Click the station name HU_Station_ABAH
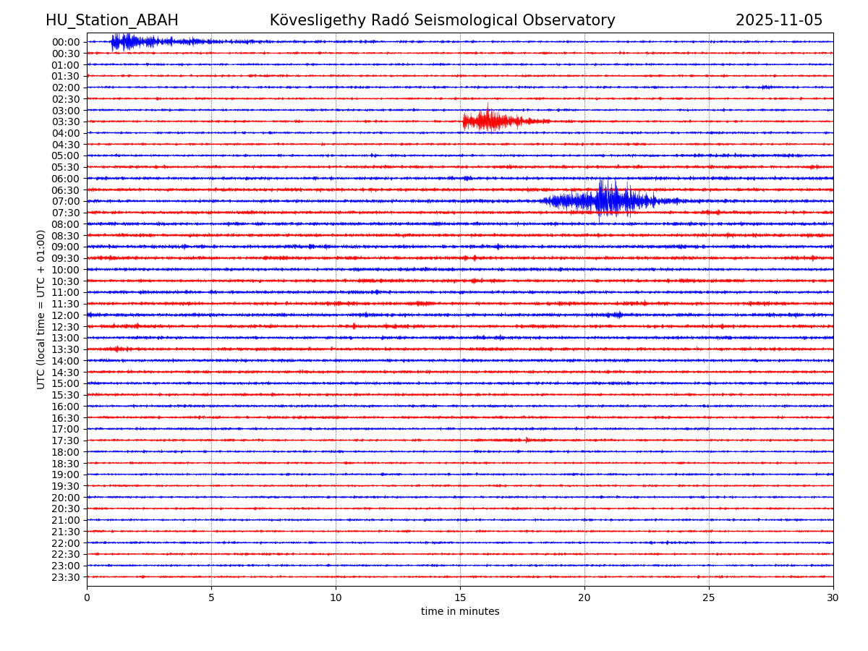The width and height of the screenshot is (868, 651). pos(112,21)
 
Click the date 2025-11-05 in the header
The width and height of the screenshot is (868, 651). pos(779,21)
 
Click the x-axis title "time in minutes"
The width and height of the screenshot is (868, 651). pos(460,612)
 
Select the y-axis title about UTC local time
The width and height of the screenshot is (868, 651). pos(41,310)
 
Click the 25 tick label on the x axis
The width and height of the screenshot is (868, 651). pos(709,598)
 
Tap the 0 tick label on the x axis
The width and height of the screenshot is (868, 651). pos(87,598)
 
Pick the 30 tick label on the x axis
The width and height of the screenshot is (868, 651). pos(833,598)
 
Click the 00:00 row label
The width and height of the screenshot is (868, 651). pos(66,42)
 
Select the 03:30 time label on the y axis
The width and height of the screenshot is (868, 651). pos(66,122)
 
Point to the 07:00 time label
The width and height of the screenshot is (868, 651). pos(66,201)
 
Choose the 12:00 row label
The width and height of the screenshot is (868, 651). pos(66,315)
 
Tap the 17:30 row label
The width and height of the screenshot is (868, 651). pos(66,441)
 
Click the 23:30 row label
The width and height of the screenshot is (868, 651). pos(66,577)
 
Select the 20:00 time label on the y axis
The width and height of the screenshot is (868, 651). pos(66,498)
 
